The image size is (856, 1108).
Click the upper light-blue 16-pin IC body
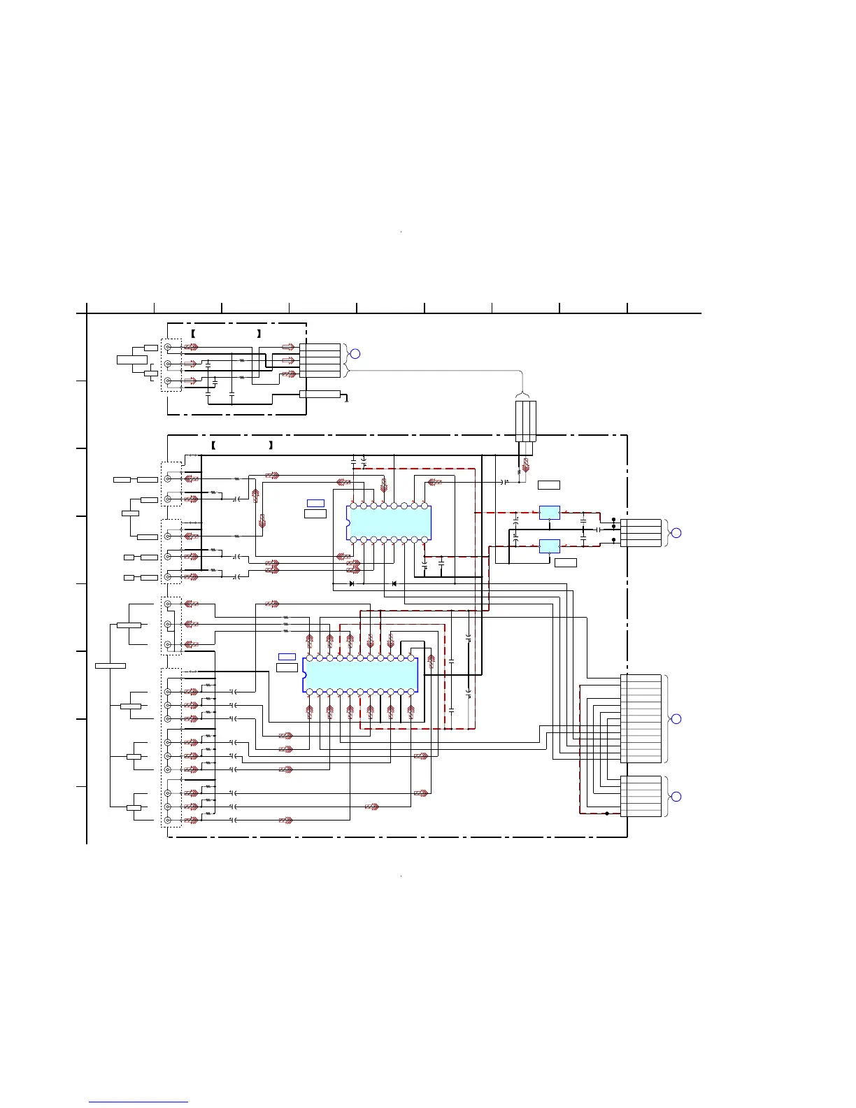tap(389, 523)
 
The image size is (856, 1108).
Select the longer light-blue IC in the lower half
tap(360, 675)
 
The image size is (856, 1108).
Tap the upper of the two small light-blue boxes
tap(550, 513)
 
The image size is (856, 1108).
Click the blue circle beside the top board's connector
tap(355, 353)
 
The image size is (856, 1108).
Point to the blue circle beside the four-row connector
tap(676, 533)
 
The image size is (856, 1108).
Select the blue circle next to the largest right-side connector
tap(676, 718)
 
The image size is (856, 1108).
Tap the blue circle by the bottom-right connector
tap(676, 796)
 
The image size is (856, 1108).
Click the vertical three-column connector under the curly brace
tap(526, 421)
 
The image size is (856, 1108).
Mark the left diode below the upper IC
tap(352, 583)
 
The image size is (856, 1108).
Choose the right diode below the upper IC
tap(394, 583)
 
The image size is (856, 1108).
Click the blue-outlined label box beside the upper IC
tap(315, 503)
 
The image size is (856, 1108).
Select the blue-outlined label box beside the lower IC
tap(287, 656)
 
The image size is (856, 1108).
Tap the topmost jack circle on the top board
tap(168, 347)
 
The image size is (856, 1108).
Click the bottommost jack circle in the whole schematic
tap(168, 820)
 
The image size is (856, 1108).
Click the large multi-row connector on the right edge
tap(641, 718)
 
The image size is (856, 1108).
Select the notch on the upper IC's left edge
tap(348, 523)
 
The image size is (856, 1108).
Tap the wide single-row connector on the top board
tap(320, 395)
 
